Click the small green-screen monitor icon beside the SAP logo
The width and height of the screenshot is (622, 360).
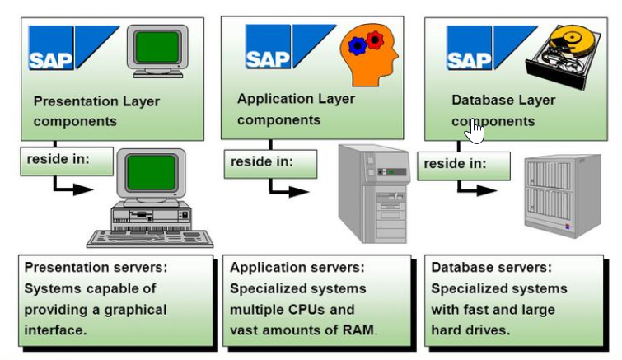pyautogui.click(x=158, y=50)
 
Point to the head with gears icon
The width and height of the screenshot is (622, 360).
pyautogui.click(x=369, y=54)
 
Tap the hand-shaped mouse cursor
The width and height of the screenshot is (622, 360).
pyautogui.click(x=476, y=131)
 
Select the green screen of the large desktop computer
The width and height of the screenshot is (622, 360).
pyautogui.click(x=150, y=175)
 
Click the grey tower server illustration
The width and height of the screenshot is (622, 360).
pyautogui.click(x=376, y=193)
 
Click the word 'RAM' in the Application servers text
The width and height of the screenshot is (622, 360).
pyautogui.click(x=357, y=331)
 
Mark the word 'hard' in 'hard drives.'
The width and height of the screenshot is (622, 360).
pyautogui.click(x=447, y=331)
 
